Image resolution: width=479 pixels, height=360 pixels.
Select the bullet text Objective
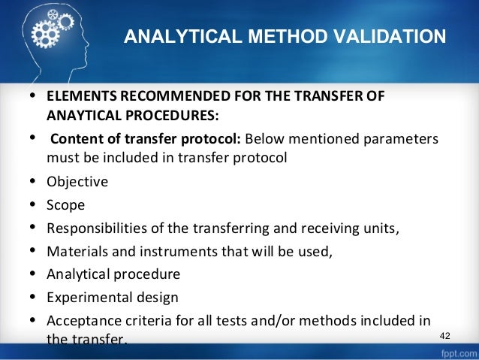coord(77,182)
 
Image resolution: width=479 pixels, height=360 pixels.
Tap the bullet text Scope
coord(65,204)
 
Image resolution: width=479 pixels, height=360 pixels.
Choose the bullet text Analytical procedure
coord(113,274)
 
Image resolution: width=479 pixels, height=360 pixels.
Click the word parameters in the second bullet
coord(402,140)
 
